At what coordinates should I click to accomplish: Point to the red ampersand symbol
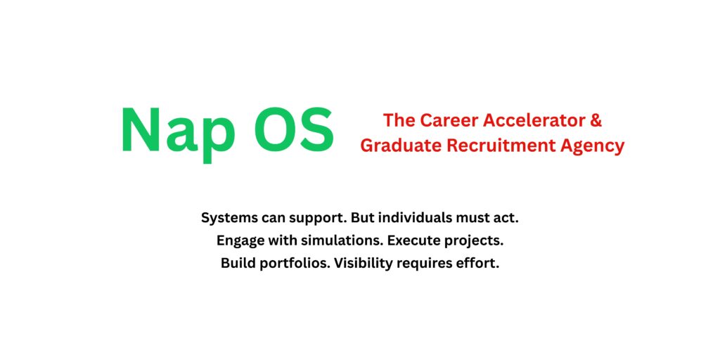pos(596,120)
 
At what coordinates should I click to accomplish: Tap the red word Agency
pos(590,146)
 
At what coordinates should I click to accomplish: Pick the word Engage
pos(240,241)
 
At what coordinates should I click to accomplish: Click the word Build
pos(237,264)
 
